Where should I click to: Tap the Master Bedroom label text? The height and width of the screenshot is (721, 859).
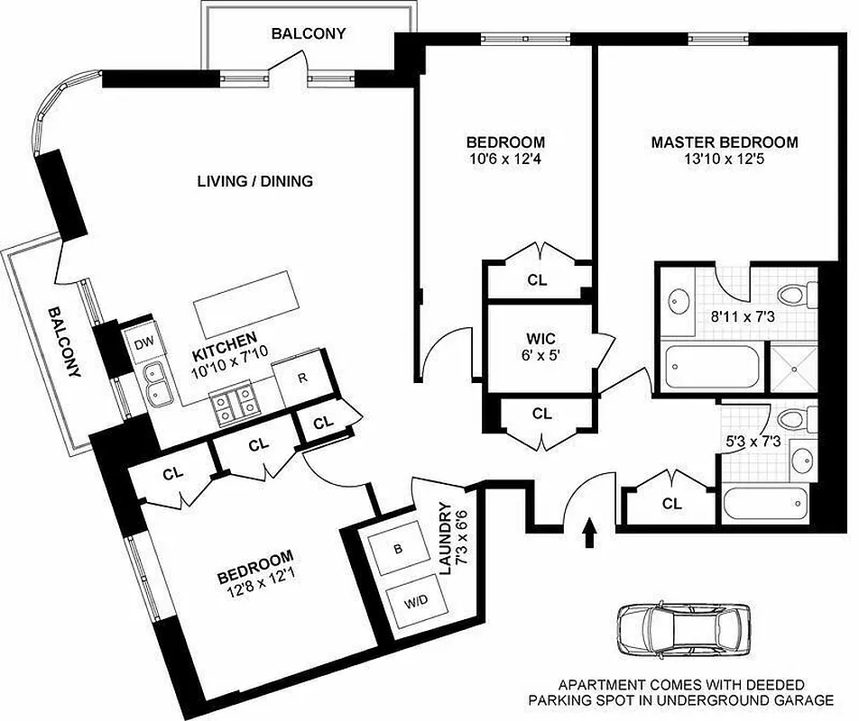[x=725, y=142]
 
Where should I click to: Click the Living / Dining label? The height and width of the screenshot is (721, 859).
[x=254, y=181]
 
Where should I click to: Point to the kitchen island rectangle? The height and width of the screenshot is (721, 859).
[x=245, y=299]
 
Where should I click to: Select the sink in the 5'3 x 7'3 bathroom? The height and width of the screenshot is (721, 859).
[x=801, y=461]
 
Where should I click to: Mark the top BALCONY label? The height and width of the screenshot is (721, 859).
[x=309, y=34]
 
